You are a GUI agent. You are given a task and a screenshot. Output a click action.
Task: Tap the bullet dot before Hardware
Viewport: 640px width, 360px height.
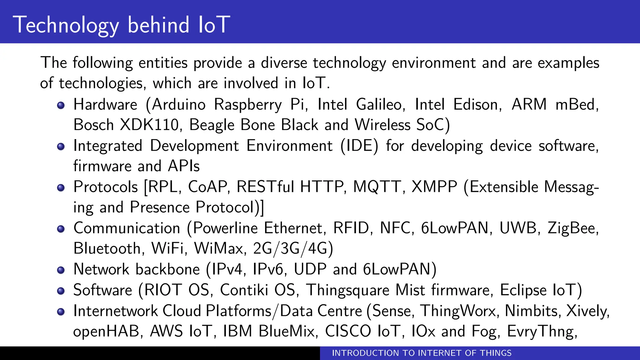point(61,105)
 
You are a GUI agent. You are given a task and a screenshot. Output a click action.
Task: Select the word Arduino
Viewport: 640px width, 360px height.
point(178,104)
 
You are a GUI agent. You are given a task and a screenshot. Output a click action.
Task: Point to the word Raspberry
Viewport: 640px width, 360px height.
point(248,105)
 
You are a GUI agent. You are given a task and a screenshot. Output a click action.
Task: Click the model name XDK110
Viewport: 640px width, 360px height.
point(149,125)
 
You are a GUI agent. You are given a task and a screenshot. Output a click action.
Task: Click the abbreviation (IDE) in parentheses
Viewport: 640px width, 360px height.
point(359,146)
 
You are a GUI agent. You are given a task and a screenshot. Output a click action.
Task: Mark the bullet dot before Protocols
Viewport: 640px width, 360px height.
point(61,187)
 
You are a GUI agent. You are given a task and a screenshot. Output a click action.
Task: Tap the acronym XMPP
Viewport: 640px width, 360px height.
point(434,187)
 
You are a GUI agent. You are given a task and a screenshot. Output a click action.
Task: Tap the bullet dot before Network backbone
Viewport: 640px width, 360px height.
point(61,270)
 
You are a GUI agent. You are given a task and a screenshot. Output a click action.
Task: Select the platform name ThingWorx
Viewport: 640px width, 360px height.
point(458,311)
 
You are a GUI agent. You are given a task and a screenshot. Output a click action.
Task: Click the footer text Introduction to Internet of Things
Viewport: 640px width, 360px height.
point(422,353)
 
